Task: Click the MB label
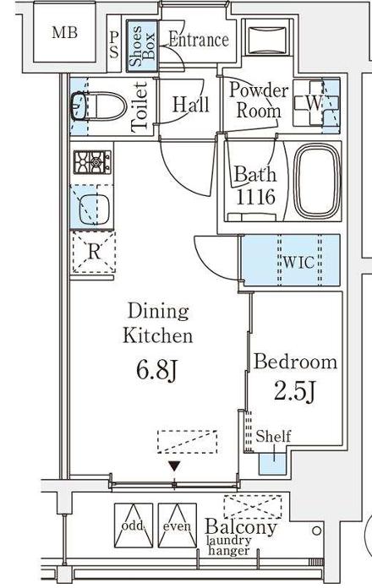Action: tap(64, 33)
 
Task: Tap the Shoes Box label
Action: tap(142, 46)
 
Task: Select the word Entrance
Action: tap(198, 40)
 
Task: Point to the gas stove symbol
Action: tap(92, 162)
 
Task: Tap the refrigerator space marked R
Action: tap(94, 252)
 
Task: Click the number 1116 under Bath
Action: tap(255, 196)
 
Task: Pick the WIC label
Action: tap(298, 262)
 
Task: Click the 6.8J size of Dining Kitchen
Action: tap(156, 371)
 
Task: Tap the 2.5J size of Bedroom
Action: tap(295, 391)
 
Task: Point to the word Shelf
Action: tap(273, 436)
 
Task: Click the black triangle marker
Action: tap(174, 466)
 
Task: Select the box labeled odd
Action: tap(134, 525)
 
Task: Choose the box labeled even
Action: tap(178, 525)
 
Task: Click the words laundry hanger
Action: tap(229, 546)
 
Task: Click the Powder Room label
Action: tap(258, 101)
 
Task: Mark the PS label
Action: tap(114, 45)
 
